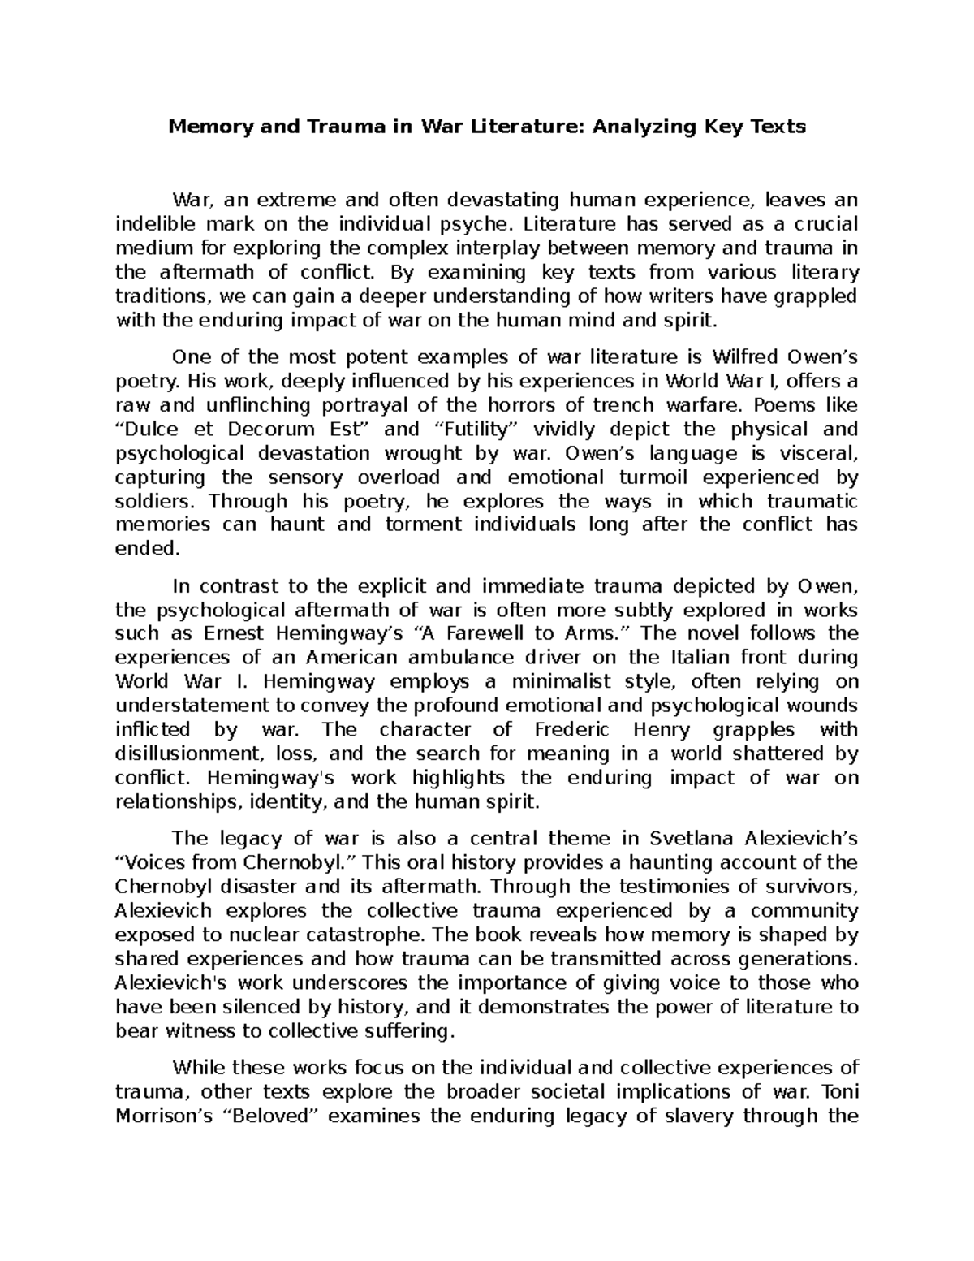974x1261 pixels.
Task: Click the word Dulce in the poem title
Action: [x=158, y=429]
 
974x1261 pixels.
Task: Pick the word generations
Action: [x=789, y=958]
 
